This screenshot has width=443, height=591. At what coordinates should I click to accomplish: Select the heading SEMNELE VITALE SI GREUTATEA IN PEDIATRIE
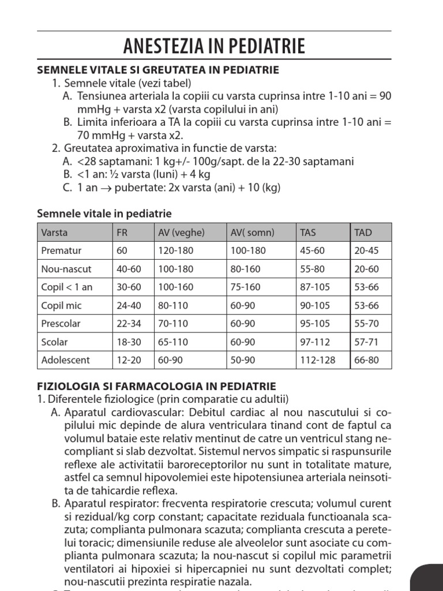coord(157,70)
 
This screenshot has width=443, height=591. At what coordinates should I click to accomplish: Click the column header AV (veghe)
coord(181,233)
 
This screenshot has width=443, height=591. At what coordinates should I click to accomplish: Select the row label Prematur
coord(62,250)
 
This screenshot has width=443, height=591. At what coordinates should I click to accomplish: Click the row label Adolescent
coord(65,360)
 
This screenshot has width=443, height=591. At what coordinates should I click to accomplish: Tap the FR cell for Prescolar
coord(129,323)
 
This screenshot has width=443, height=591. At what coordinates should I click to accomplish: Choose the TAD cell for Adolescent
coord(367,360)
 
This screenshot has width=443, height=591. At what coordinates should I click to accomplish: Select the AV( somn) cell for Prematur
coord(249,250)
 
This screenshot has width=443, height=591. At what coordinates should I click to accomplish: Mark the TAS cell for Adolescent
coord(317,360)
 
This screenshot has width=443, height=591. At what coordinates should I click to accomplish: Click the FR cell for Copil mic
coord(129,305)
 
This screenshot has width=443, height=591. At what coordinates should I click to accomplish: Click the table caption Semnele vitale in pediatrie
coord(104,214)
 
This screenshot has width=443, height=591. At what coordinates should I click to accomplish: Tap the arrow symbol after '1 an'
coord(104,188)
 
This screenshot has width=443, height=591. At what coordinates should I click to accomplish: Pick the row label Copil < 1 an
coord(66,287)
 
